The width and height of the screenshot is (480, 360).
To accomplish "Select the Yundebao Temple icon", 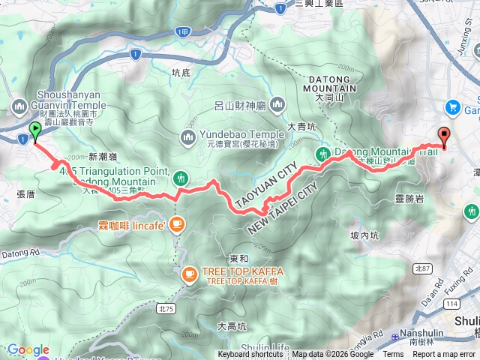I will (x=187, y=136).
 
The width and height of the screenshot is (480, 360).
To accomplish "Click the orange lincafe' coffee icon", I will (x=176, y=223).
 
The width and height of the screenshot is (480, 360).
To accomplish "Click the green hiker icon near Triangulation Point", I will (x=180, y=178).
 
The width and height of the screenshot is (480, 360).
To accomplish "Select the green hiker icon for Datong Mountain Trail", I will (x=322, y=154).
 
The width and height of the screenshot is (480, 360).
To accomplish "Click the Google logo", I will (x=27, y=349).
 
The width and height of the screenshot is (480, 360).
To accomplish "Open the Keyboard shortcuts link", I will (x=250, y=355).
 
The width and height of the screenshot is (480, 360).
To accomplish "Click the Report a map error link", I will (x=443, y=355).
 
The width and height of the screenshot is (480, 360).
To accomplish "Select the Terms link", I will (x=393, y=355).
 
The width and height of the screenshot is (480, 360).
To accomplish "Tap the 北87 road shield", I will (x=422, y=268).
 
